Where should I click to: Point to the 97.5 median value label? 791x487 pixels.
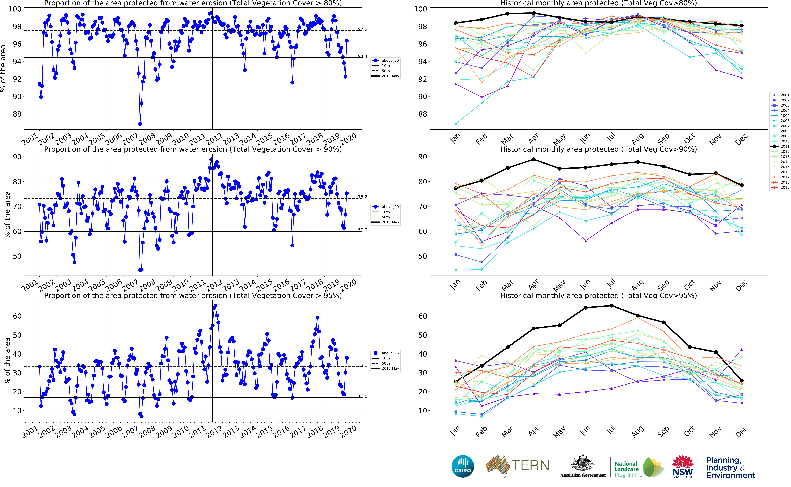(x=362, y=29)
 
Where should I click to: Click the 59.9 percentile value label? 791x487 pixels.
(x=362, y=230)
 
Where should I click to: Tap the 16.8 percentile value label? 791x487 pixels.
(x=362, y=396)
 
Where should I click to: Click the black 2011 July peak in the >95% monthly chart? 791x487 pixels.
(x=611, y=306)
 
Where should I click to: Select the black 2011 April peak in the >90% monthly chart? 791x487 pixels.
(x=534, y=159)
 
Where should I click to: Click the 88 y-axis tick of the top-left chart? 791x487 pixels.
(x=17, y=114)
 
